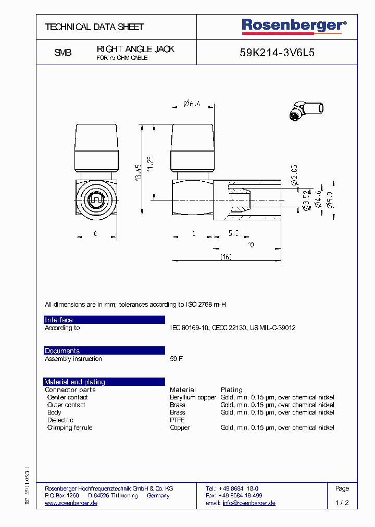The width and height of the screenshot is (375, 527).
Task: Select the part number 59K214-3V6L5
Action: point(277,53)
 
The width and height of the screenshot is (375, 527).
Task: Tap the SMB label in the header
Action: point(63,53)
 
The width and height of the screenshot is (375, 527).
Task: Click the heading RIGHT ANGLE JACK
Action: point(135,49)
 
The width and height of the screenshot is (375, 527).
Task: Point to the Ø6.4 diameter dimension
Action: point(192,104)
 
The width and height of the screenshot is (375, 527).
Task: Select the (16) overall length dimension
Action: point(225,257)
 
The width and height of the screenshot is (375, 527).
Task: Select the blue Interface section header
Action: point(104,320)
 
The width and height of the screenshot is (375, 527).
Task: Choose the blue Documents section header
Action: point(104,351)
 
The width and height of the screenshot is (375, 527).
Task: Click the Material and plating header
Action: point(104,382)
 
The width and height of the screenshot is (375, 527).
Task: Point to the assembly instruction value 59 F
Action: point(177,359)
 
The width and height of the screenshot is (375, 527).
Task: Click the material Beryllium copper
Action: point(193,397)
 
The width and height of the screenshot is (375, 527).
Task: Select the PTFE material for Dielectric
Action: point(177,420)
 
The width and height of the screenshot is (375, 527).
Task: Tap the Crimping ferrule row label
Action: point(69,428)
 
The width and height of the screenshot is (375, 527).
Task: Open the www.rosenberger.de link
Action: point(71,503)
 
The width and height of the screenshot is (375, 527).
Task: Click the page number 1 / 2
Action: point(342,503)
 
